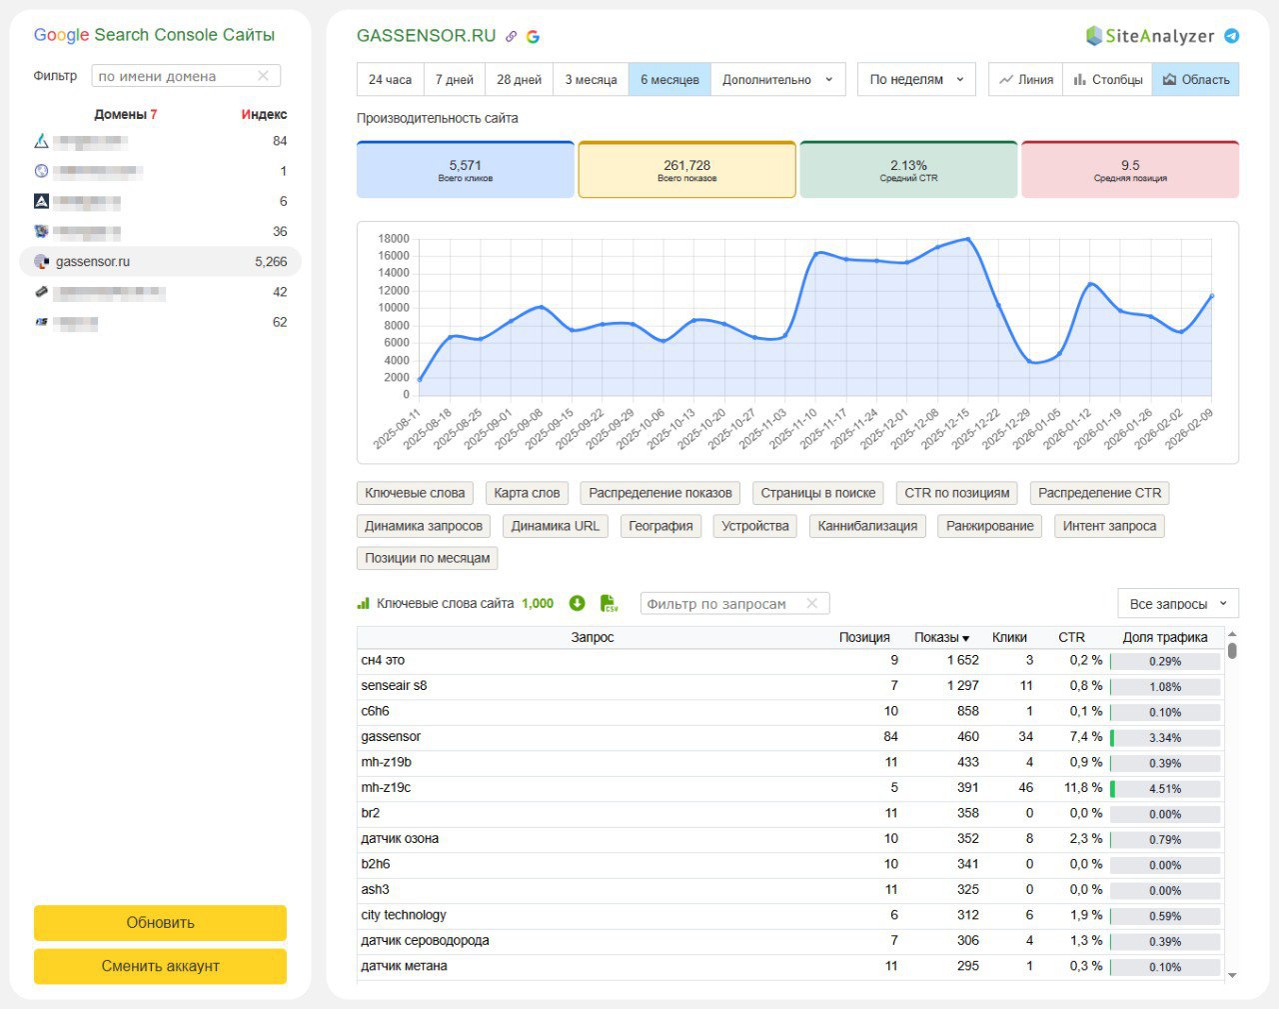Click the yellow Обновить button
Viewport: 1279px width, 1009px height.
160,922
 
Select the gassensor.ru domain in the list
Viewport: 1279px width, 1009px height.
93,262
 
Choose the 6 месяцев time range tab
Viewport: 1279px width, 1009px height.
669,80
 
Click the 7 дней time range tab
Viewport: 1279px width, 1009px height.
454,80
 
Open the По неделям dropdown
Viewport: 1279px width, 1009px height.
915,80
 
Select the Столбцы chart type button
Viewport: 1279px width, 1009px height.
1108,80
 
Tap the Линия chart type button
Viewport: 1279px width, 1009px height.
1026,80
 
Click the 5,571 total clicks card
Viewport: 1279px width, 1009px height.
466,170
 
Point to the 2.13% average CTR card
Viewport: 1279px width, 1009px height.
908,170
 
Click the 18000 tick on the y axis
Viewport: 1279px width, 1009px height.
394,239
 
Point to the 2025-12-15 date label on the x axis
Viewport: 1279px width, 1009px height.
946,428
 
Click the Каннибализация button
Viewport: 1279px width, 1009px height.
867,526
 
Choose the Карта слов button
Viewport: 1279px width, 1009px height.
527,493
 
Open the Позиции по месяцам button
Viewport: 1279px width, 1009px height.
427,558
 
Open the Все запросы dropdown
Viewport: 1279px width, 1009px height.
1177,604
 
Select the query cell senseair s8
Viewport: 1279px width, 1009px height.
394,686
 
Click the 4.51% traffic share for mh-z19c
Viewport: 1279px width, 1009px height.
1165,789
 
